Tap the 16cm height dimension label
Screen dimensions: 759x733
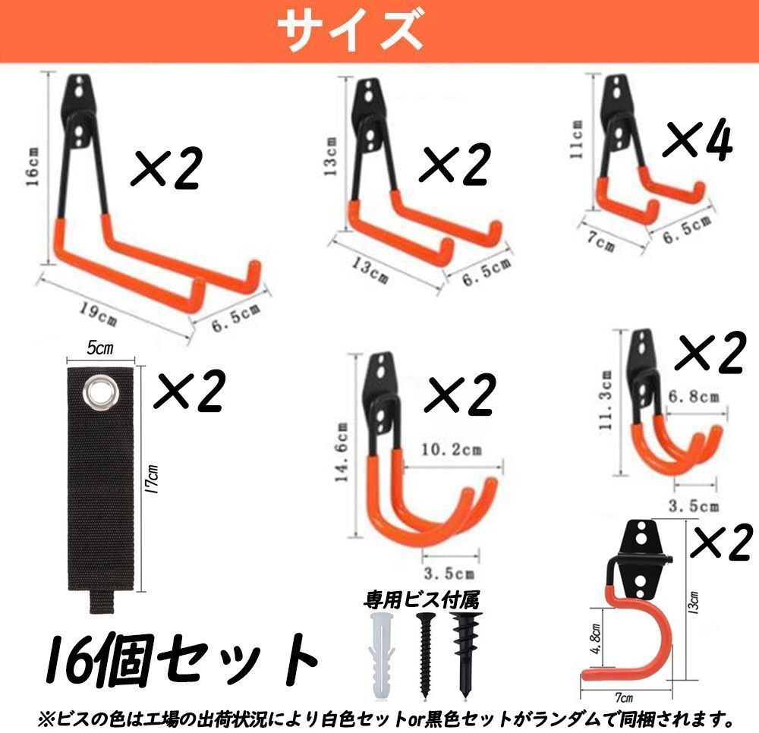(32, 167)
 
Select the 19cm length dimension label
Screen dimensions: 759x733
(97, 313)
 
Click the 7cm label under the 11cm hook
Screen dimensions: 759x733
(600, 241)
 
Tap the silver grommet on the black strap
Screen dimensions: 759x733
(101, 390)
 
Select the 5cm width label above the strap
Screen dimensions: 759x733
(99, 348)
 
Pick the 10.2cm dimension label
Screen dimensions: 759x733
(451, 449)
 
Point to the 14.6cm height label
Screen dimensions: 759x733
(342, 452)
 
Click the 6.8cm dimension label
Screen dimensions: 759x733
(694, 397)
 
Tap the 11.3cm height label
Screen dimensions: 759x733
(605, 400)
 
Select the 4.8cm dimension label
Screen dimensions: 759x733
(595, 639)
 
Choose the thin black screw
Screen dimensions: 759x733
(425, 655)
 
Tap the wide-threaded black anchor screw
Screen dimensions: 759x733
(466, 654)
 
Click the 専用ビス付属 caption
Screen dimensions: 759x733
(421, 600)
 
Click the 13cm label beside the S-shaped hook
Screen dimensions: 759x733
(694, 602)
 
